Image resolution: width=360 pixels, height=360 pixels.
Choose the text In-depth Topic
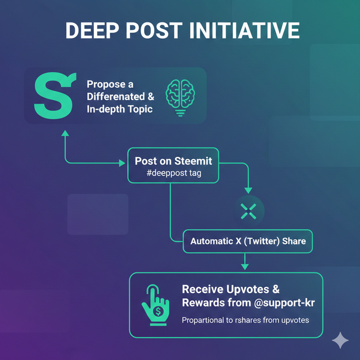(x=119, y=109)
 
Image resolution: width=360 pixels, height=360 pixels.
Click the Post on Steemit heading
(x=173, y=161)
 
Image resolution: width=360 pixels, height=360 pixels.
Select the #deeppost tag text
(x=173, y=173)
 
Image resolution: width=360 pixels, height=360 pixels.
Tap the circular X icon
(x=248, y=211)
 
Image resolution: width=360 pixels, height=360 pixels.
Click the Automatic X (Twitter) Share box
(x=248, y=241)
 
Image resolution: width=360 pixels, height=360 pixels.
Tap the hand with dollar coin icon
(x=155, y=306)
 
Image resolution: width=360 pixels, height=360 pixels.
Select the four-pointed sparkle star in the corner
(x=340, y=340)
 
